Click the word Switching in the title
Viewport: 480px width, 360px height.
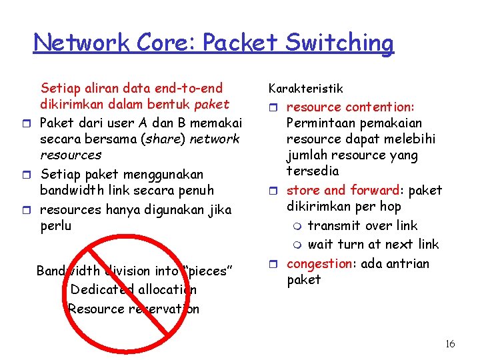coord(339,43)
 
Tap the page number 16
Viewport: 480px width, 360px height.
coord(450,344)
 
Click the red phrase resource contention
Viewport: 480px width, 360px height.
coord(350,107)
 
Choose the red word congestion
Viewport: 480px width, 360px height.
coord(319,263)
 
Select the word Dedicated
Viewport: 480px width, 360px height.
coord(101,289)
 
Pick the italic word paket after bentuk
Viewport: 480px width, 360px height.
coord(211,104)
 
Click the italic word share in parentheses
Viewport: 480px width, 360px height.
coord(170,139)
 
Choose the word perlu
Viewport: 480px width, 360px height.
coord(55,226)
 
